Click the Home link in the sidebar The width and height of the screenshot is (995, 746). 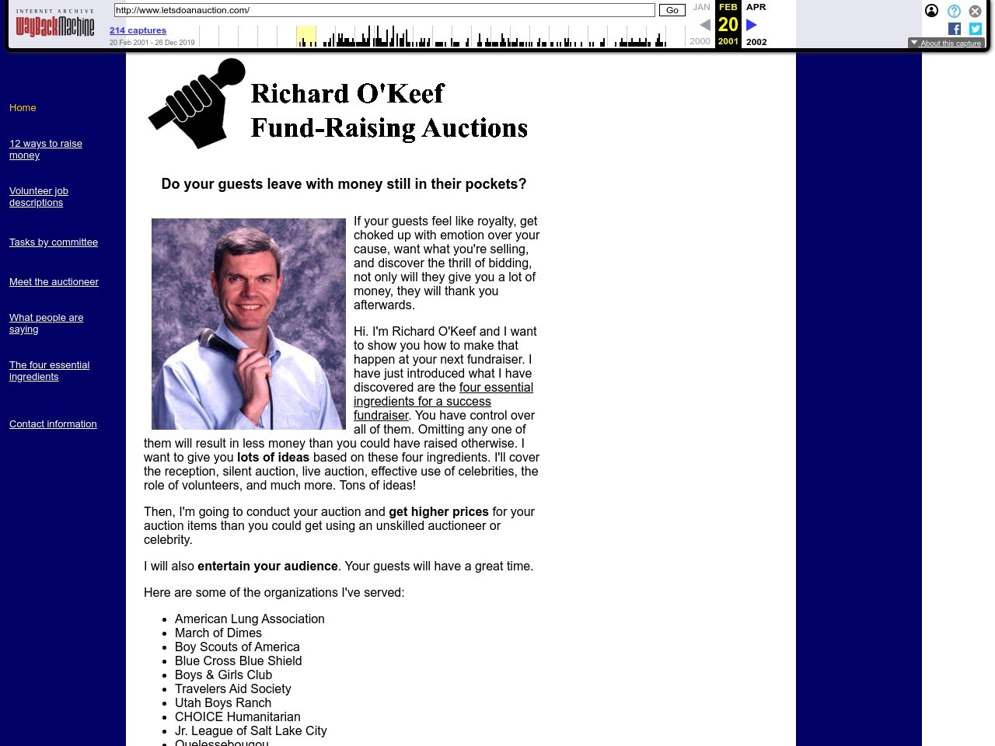(x=23, y=108)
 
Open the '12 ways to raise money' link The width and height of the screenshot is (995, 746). (x=45, y=149)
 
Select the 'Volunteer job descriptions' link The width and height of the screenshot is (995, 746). (x=39, y=197)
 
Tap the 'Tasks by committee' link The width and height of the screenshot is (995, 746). (x=54, y=242)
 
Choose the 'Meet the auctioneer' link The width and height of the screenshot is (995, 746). (x=54, y=282)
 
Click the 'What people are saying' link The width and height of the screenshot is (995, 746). (x=46, y=323)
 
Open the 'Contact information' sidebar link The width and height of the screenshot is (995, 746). (x=53, y=424)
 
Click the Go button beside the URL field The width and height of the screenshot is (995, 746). (x=672, y=10)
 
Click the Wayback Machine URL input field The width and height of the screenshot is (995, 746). (x=384, y=10)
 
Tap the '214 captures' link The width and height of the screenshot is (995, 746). (x=138, y=30)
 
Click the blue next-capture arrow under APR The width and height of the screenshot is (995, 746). (x=752, y=25)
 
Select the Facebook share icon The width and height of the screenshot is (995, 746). (x=955, y=29)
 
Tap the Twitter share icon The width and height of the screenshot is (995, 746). (x=976, y=29)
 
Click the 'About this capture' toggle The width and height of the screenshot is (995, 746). (x=946, y=44)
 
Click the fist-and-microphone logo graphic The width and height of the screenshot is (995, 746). (x=197, y=103)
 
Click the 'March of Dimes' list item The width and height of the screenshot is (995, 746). (x=218, y=633)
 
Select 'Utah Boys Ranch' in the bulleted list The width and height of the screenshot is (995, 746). (x=222, y=703)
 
